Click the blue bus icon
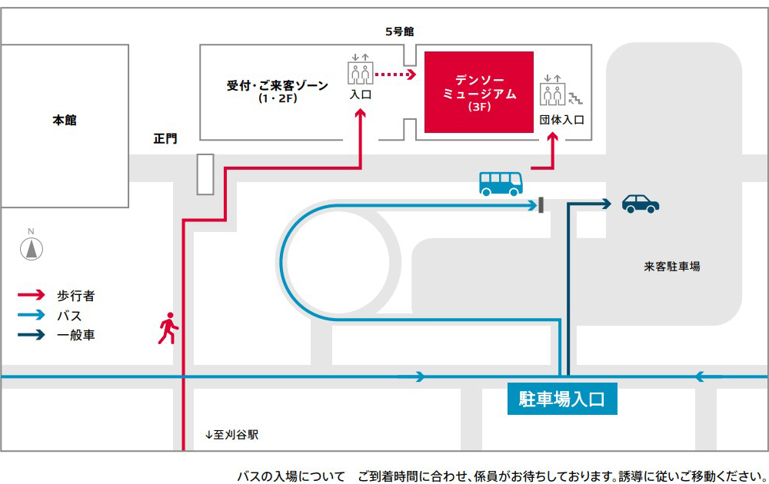coord(501,183)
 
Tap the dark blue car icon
coord(641,203)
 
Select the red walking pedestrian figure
coord(168,329)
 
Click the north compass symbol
coord(32,247)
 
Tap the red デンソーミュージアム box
coord(479,92)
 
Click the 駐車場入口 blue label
coord(562,399)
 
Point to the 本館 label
coord(65,121)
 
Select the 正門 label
coord(165,139)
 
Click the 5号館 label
coord(400,31)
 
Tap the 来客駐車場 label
coord(671,267)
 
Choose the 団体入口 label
coord(562,120)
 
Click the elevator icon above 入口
coord(360,69)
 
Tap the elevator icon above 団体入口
coord(552,91)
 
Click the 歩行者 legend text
coord(75,295)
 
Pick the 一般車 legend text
coord(75,335)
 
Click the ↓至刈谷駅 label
coord(231,434)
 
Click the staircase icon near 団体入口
coord(576,97)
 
